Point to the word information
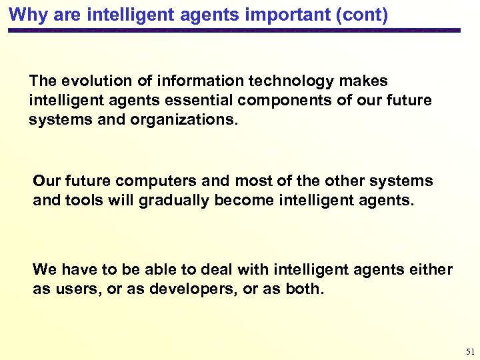tap(200, 81)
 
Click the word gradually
tap(179, 201)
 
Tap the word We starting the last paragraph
tap(45, 270)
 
